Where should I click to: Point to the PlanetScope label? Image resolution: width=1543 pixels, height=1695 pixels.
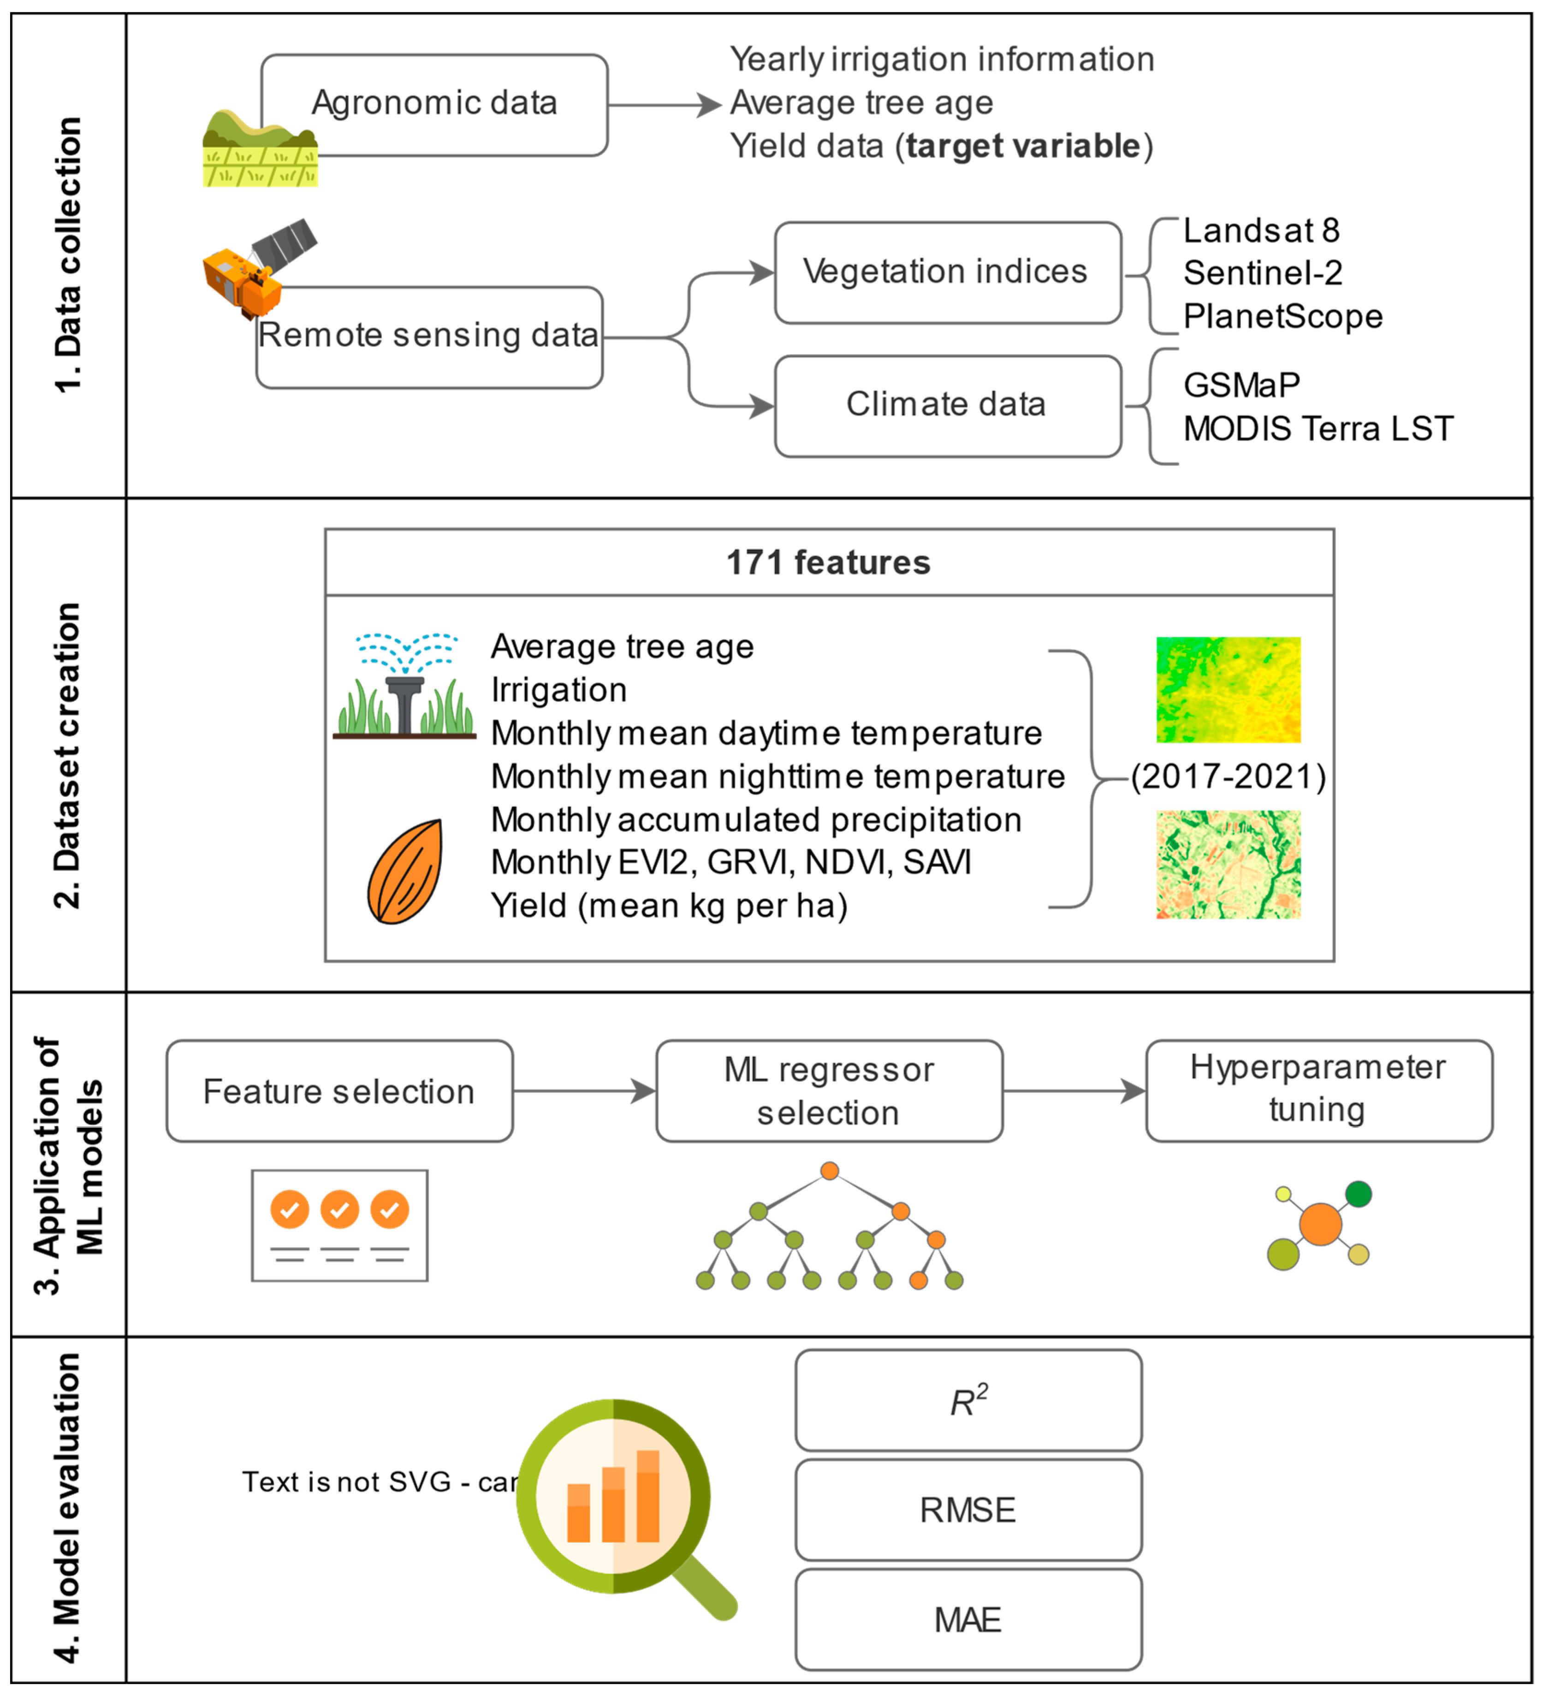[1282, 317]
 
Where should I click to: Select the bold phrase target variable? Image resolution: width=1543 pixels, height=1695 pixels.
[1022, 146]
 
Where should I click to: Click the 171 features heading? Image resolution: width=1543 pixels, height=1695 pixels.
[828, 563]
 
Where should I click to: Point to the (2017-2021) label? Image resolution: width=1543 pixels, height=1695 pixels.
[1228, 777]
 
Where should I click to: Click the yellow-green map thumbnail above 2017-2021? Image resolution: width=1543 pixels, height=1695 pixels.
[1228, 689]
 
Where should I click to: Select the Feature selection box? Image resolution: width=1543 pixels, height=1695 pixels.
[339, 1091]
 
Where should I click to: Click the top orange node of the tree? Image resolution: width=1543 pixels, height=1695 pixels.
[829, 1170]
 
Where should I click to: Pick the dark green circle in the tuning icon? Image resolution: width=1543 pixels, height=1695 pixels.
[1358, 1194]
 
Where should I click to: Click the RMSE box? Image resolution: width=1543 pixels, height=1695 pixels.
[968, 1510]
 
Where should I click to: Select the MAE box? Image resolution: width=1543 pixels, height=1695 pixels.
[968, 1619]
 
